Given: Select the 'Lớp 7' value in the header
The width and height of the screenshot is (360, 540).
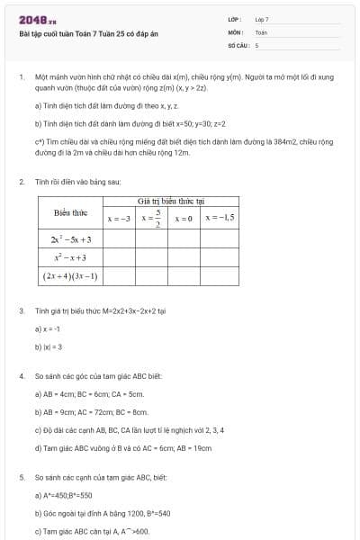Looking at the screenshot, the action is tap(262, 19).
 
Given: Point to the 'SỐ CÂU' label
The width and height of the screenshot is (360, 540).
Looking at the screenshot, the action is tap(238, 44).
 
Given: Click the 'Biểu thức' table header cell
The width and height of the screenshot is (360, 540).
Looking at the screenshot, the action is tap(69, 212).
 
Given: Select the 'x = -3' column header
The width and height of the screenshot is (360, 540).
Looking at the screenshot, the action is tap(120, 218).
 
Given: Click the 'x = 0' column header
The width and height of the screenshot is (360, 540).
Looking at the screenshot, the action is tap(184, 218).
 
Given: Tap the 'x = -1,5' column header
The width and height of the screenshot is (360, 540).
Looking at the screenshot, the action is tap(220, 218).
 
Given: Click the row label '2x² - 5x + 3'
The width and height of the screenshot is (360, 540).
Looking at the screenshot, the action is tap(71, 239).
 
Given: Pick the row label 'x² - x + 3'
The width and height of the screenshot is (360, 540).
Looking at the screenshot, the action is tap(71, 257).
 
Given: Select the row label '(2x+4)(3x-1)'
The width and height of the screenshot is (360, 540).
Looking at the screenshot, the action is tap(71, 275).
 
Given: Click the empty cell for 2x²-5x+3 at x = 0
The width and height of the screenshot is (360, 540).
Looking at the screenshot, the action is tap(184, 239).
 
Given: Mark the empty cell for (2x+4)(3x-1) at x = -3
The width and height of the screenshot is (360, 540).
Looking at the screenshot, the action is tap(120, 275).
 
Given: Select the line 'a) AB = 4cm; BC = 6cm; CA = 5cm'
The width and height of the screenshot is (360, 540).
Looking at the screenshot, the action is tap(89, 393).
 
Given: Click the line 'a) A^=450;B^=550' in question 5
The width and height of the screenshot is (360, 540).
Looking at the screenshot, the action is tap(64, 494).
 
